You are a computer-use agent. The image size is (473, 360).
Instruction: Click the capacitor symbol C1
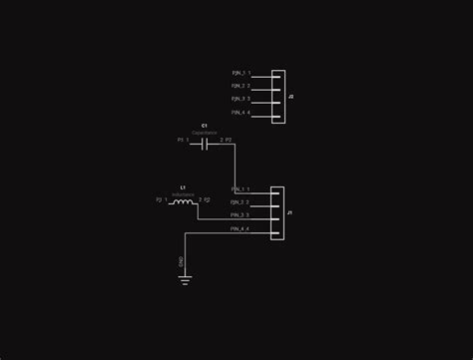click(x=205, y=144)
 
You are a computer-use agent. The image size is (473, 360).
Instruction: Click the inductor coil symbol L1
click(x=183, y=202)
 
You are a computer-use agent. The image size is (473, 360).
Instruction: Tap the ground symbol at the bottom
click(x=185, y=280)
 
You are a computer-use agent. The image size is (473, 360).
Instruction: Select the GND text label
click(x=181, y=262)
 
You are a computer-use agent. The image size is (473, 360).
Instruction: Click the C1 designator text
click(x=204, y=126)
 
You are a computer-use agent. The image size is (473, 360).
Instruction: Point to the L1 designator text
click(x=183, y=186)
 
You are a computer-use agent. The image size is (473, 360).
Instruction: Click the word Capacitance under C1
click(x=204, y=133)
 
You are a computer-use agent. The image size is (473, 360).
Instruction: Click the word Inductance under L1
click(x=183, y=193)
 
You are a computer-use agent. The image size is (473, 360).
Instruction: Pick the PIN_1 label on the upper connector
click(x=238, y=74)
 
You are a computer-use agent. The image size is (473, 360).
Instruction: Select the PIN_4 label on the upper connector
click(x=238, y=113)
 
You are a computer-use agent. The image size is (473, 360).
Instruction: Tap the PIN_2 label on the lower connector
click(x=238, y=202)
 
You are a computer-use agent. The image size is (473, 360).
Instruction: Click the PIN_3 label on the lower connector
click(x=238, y=215)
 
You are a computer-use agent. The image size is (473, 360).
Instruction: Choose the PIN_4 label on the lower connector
click(x=238, y=228)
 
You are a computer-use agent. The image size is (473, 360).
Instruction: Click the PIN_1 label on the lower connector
click(x=238, y=188)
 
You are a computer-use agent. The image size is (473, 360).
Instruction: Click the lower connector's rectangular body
click(x=278, y=209)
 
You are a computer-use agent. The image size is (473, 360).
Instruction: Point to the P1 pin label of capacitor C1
click(x=181, y=141)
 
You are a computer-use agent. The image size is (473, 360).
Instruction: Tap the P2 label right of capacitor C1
click(x=229, y=141)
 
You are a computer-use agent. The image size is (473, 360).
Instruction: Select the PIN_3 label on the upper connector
click(x=238, y=100)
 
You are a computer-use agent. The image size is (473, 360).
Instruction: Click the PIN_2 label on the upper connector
click(x=238, y=87)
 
